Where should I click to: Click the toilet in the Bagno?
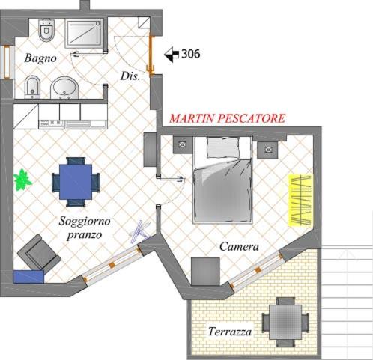46,30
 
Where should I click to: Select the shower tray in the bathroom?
84,33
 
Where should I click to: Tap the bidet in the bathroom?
32,87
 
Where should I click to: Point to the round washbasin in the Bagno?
64,88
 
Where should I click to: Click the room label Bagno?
40,58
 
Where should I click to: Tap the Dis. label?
130,76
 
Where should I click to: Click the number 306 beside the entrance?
190,54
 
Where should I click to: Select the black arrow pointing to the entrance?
172,55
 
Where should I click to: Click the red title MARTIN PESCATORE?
227,118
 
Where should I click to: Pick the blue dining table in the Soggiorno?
76,182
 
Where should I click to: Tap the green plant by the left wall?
22,180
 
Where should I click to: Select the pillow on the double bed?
222,147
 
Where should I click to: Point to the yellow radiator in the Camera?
300,201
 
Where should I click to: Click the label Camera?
239,247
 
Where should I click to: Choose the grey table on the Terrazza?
286,322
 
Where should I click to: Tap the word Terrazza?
230,332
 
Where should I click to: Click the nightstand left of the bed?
183,144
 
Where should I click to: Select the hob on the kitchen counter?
52,123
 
